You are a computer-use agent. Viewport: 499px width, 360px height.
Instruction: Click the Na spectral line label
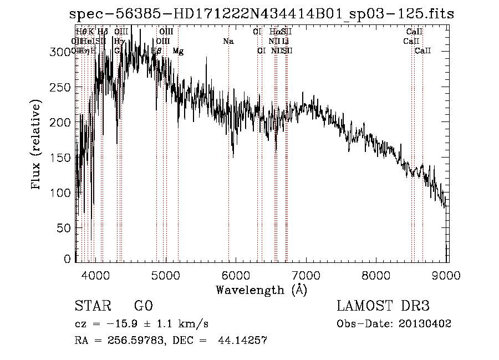click(228, 41)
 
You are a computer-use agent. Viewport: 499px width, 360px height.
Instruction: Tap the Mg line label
click(178, 51)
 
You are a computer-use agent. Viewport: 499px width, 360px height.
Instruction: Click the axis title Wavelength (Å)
click(261, 290)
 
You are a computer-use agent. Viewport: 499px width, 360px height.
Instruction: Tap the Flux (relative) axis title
click(37, 145)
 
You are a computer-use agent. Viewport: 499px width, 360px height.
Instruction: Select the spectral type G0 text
click(143, 306)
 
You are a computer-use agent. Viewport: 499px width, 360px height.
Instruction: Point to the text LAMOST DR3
click(383, 306)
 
